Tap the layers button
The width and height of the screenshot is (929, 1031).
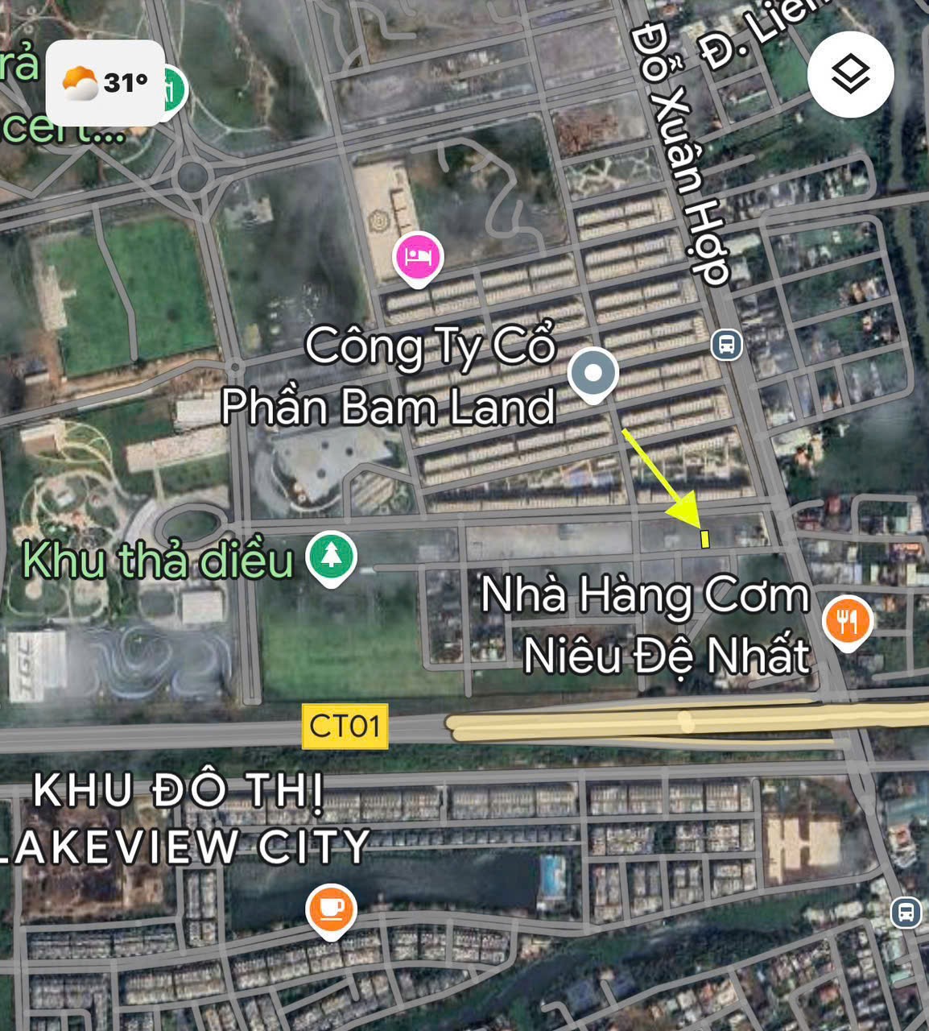850,75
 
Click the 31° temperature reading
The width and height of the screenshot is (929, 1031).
126,82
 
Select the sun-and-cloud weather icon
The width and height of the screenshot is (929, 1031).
80,83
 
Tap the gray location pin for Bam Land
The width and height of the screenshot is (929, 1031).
593,374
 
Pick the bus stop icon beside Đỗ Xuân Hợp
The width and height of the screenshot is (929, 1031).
726,346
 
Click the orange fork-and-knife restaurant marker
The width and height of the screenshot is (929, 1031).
848,621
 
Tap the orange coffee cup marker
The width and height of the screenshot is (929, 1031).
331,909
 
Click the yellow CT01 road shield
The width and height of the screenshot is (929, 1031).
345,726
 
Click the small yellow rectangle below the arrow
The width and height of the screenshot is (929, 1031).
705,539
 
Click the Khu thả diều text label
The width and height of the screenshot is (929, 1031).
158,560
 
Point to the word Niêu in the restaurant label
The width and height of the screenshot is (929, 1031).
572,656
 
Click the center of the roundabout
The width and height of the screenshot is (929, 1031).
192,176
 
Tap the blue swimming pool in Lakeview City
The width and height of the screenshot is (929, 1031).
553,876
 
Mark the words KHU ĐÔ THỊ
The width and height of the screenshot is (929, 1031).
179,791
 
